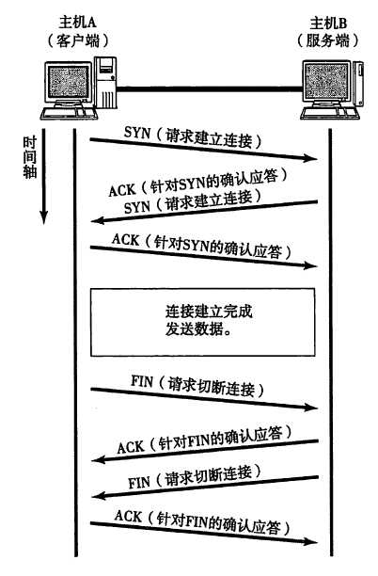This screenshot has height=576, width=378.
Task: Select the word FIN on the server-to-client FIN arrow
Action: (x=139, y=481)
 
